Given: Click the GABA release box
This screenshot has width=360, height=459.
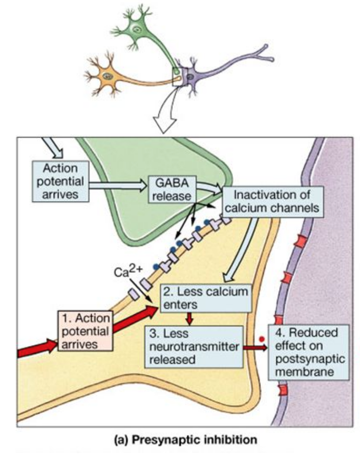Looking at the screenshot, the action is [x=172, y=189].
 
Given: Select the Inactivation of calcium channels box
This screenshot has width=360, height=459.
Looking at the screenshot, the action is [x=273, y=202].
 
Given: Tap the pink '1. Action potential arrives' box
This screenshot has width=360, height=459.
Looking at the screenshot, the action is [x=85, y=331].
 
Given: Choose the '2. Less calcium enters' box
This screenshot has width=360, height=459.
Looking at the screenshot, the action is [x=206, y=298].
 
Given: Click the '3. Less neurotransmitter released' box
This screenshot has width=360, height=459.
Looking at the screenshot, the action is [x=194, y=346].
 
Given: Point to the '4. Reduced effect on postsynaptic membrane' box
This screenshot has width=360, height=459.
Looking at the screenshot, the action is [x=309, y=352].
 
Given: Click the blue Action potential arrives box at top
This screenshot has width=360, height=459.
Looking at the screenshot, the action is [x=60, y=181].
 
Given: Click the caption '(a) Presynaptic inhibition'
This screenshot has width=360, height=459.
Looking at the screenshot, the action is [x=185, y=440].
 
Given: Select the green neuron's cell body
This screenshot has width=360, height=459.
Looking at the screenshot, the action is [x=136, y=28].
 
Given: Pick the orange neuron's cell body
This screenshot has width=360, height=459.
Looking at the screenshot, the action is [x=108, y=76].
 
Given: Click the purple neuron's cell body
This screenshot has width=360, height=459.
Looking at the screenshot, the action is [x=190, y=76].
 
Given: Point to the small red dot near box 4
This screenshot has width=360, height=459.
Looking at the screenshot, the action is [x=262, y=339].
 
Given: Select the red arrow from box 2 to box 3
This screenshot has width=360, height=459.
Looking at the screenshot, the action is [x=190, y=319].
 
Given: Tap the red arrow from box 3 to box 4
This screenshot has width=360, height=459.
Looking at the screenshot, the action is [x=256, y=347].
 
